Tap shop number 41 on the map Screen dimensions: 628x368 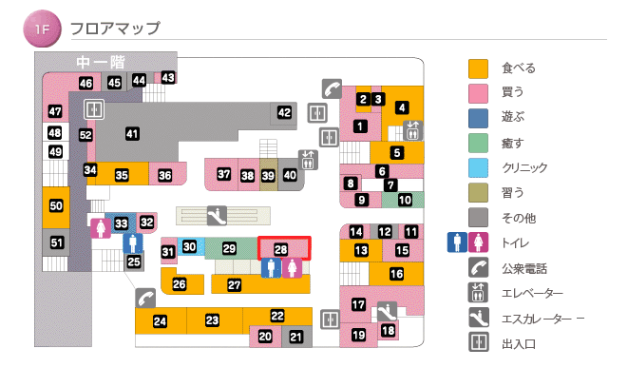[x=132, y=134]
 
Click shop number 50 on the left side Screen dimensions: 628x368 [x=56, y=205]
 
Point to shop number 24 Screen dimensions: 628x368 [x=160, y=321]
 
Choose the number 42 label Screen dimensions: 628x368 [x=284, y=112]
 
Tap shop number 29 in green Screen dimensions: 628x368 [x=229, y=248]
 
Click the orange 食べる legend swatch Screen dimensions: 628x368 [x=479, y=68]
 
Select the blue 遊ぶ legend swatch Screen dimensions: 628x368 [x=479, y=117]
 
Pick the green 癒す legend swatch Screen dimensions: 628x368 [x=479, y=143]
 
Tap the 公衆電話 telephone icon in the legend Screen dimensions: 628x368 [x=479, y=268]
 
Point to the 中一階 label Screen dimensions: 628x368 [x=101, y=62]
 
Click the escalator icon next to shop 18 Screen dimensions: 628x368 [x=386, y=310]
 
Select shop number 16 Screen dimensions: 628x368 [x=396, y=274]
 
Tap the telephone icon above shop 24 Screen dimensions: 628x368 [x=144, y=297]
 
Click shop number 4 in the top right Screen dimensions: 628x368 [x=402, y=107]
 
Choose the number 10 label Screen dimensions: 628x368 [x=404, y=200]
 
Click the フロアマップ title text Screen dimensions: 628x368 [x=115, y=29]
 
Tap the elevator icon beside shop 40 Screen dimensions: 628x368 [x=308, y=158]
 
